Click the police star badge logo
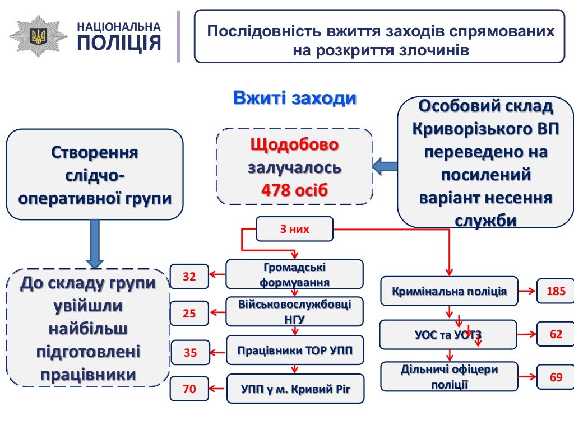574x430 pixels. [x=38, y=36]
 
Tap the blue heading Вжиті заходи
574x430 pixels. [x=295, y=98]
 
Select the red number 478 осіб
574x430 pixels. [x=294, y=190]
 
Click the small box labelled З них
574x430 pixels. [x=294, y=229]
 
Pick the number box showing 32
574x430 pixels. [x=189, y=276]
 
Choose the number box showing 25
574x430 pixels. [x=189, y=314]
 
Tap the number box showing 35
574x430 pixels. [x=190, y=353]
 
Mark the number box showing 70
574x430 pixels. [x=189, y=389]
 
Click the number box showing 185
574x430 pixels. [x=556, y=291]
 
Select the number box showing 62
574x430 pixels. [x=556, y=334]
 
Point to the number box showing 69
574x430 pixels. [x=556, y=377]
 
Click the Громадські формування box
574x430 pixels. [x=294, y=274]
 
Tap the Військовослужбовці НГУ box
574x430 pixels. [x=294, y=312]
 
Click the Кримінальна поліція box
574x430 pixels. [x=449, y=291]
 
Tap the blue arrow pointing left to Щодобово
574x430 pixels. [x=386, y=166]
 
